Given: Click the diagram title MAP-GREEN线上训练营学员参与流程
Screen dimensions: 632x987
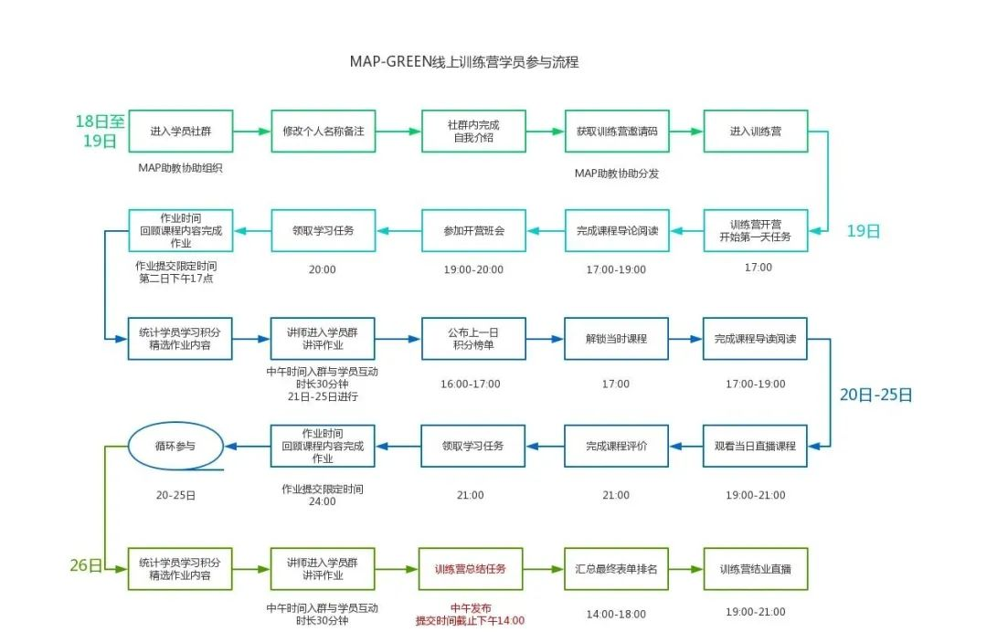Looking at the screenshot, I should click(x=464, y=62).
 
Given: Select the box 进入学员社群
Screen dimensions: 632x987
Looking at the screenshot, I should click(x=180, y=132).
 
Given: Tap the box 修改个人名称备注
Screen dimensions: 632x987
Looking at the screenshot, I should click(x=324, y=132).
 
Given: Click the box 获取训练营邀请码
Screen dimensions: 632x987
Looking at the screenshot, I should click(x=616, y=132).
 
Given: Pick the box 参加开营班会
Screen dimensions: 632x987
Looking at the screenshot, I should click(x=473, y=231).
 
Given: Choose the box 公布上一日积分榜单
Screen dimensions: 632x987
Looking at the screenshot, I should click(x=473, y=339).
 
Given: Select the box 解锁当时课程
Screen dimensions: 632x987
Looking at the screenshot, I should click(x=616, y=339).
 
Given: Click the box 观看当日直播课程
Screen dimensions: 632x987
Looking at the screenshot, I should click(x=755, y=447).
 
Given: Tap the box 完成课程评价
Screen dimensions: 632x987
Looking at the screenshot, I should click(x=616, y=447).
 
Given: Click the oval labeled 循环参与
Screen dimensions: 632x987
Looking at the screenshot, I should click(x=175, y=446).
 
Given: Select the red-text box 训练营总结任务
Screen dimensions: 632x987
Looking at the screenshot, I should click(x=473, y=569).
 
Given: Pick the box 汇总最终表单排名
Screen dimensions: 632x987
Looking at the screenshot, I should click(x=616, y=569).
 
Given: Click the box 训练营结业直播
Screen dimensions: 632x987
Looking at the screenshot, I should click(x=755, y=569).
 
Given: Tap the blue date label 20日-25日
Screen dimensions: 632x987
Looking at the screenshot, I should click(x=876, y=395).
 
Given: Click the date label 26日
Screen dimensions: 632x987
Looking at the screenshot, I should click(x=86, y=565).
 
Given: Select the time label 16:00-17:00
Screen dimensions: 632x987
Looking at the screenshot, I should click(x=471, y=384).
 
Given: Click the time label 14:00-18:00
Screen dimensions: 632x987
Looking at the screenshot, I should click(x=616, y=615).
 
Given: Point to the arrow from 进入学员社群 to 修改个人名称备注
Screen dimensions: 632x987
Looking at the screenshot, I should click(x=252, y=132).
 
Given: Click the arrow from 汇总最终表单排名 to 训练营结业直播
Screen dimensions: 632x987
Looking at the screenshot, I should click(x=685, y=569).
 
